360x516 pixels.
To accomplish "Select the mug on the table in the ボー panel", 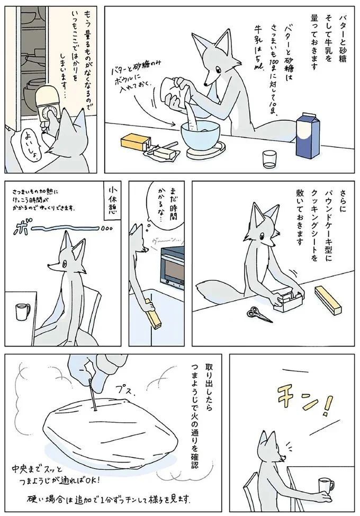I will (x=23, y=312).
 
